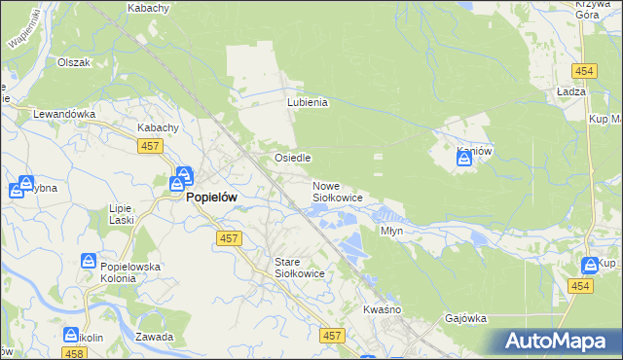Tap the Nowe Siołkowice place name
point(337,192)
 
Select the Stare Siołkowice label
point(299,269)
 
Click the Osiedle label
point(292,158)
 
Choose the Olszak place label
point(74,62)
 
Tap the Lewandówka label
point(64,114)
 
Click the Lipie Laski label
point(121,215)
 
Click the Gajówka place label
point(465,318)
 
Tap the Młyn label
point(391,232)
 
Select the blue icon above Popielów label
point(182,178)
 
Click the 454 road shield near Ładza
point(584,71)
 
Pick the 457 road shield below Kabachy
point(149,145)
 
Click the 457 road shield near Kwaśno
point(333,335)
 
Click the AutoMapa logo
point(558,342)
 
